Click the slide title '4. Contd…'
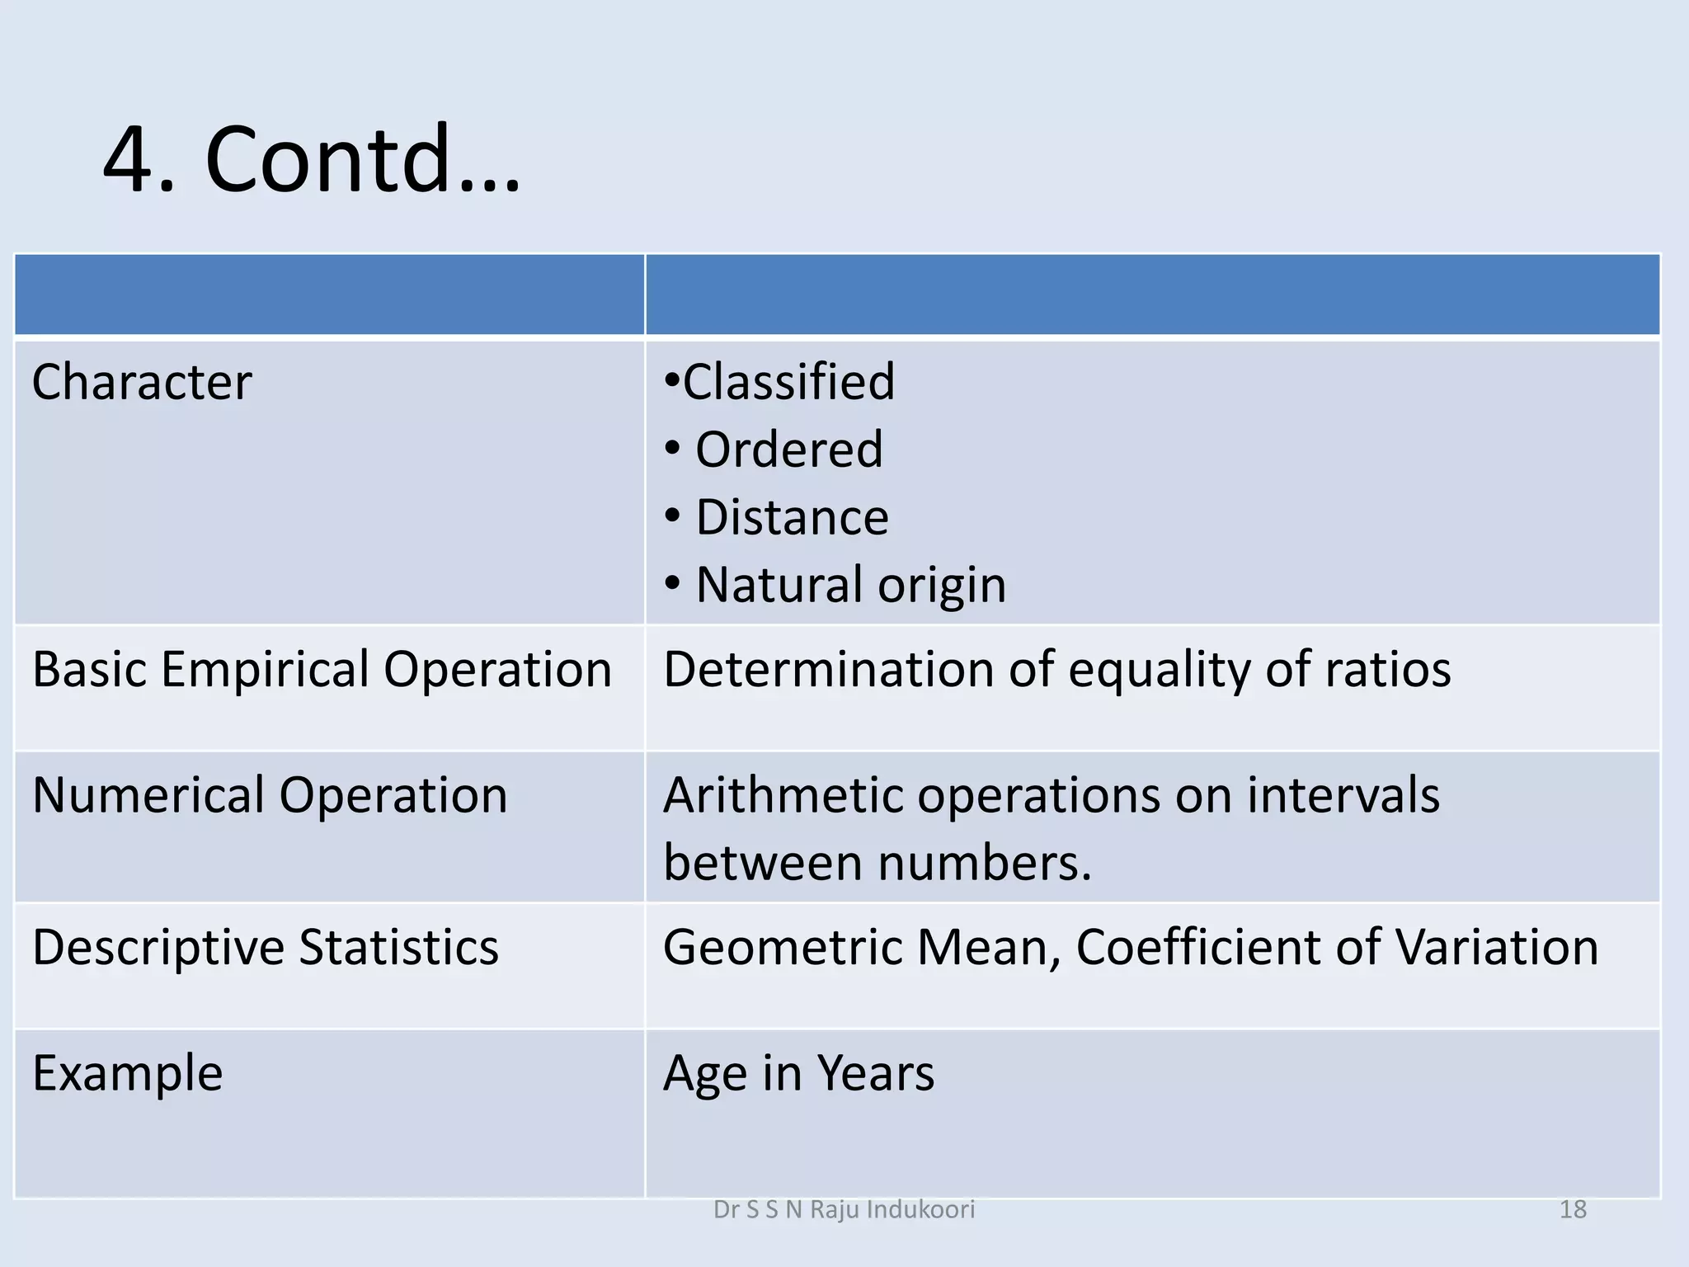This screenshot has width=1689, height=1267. coord(312,158)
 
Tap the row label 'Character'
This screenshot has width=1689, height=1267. coord(142,382)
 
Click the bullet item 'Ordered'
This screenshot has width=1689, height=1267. coord(788,450)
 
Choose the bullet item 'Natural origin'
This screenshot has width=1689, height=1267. coord(850,585)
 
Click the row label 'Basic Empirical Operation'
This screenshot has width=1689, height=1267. coord(322,669)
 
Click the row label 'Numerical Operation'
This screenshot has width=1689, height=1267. coord(270,795)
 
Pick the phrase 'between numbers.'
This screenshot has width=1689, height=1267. coord(877,863)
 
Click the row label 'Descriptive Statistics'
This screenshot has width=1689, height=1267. coord(266,947)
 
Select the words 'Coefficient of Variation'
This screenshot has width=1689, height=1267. coord(1336,947)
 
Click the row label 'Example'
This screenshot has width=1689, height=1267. coord(128,1073)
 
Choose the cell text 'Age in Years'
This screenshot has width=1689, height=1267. coord(798,1073)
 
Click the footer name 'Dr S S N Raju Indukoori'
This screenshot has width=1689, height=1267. coord(844,1209)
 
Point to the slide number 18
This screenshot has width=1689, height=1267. coord(1573,1209)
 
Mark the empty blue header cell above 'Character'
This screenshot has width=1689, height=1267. coord(329,294)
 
